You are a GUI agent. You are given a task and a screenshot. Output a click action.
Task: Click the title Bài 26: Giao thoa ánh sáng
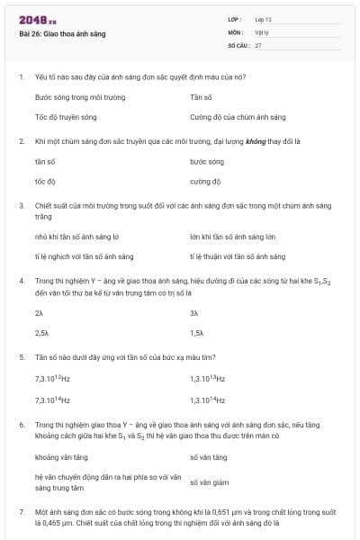click(x=62, y=33)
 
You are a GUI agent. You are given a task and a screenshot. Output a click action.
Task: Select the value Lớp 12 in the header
click(x=263, y=19)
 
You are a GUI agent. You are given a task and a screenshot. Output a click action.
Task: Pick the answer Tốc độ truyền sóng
click(x=66, y=117)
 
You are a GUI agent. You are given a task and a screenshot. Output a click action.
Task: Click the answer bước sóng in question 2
click(x=207, y=161)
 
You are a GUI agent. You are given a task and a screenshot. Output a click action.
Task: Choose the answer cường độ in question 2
click(x=205, y=181)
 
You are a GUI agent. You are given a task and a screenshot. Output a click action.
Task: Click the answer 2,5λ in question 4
click(x=41, y=332)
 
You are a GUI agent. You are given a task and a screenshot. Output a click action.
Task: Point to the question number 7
click(x=21, y=511)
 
